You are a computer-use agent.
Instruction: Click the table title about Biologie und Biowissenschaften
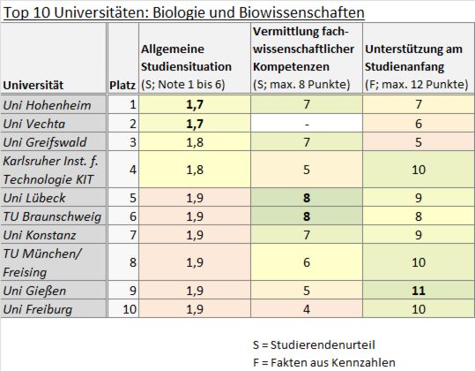tap(182, 12)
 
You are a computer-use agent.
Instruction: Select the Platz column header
tap(121, 85)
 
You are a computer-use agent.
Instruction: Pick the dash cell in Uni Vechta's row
tap(304, 122)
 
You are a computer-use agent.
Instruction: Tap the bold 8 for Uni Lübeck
tap(304, 199)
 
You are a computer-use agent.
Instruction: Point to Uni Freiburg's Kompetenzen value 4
tap(304, 308)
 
